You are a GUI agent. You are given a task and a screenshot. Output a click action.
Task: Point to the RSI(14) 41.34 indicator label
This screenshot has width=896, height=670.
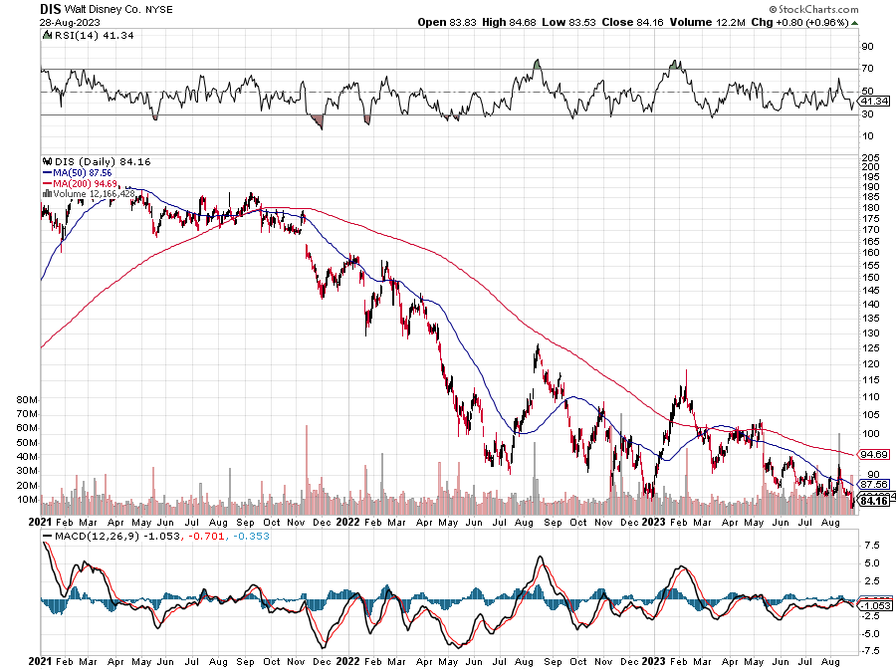[79, 37]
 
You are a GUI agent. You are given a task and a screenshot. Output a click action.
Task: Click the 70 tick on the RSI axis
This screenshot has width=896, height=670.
[868, 69]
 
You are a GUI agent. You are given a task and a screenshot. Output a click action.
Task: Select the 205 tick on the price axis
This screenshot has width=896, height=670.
[870, 157]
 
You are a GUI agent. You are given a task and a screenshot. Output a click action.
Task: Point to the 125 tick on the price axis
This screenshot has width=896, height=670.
[870, 347]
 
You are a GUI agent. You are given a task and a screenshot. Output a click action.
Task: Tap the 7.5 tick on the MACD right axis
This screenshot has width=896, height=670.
[870, 546]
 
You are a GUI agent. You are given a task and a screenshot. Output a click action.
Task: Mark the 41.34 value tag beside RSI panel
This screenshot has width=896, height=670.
[872, 102]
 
